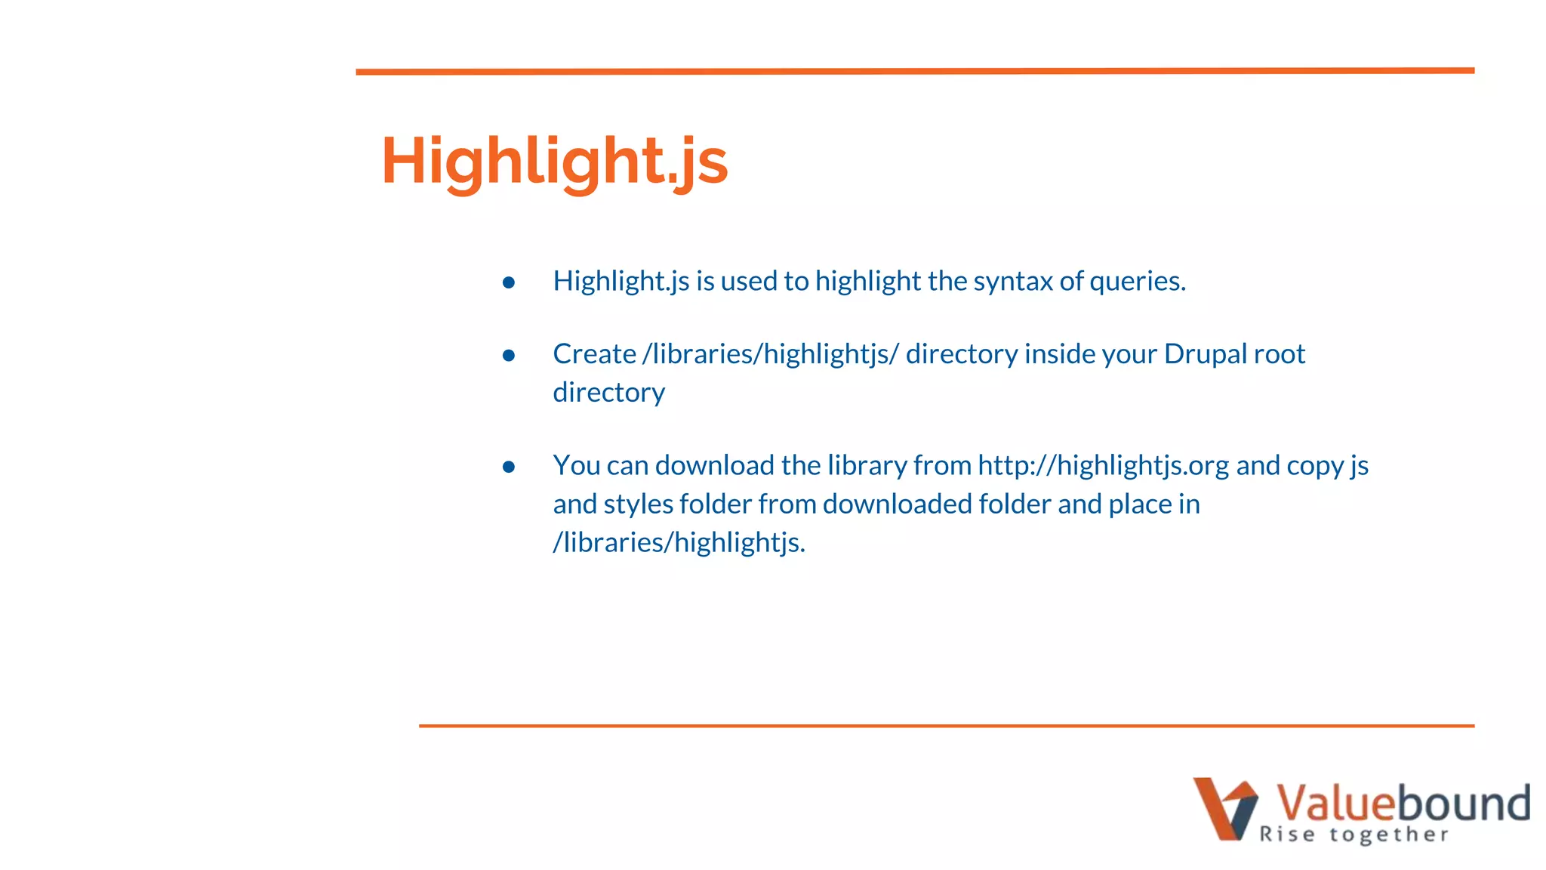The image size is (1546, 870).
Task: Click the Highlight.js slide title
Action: tap(554, 161)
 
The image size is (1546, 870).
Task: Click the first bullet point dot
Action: tap(509, 282)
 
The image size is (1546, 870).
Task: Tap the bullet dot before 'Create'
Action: tap(509, 355)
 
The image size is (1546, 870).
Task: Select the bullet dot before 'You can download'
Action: tap(509, 467)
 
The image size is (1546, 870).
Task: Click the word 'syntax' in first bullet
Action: tap(1012, 282)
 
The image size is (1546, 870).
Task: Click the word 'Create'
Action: tap(594, 354)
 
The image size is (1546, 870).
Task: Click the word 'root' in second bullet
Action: tap(1280, 354)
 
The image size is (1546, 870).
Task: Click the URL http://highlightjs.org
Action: tap(1103, 466)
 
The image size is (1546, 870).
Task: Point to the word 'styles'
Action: tap(638, 504)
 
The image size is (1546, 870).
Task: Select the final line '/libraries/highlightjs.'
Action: tap(679, 542)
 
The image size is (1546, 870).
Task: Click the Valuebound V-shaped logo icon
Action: tap(1224, 809)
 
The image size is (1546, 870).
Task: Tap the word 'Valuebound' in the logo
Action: tap(1403, 802)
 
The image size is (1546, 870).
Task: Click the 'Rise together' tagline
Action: tap(1354, 835)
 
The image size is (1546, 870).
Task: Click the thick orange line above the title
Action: tap(915, 71)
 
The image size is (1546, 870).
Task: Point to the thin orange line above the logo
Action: tap(947, 726)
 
